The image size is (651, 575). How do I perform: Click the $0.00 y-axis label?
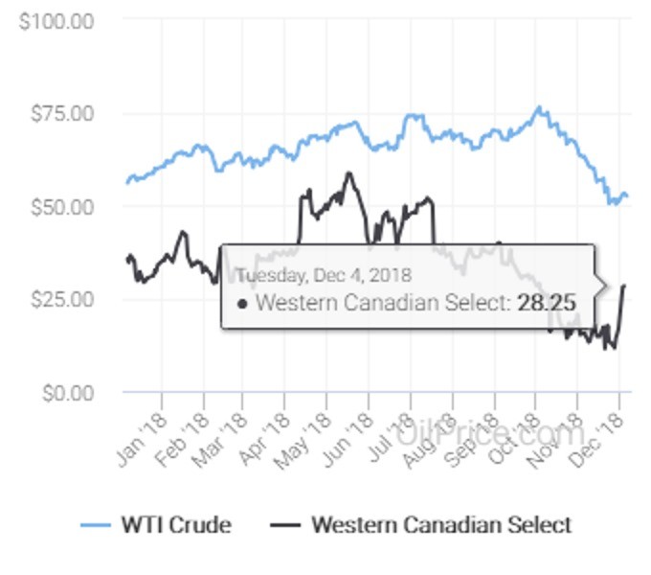click(64, 392)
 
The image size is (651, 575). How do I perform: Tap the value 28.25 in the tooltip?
click(547, 304)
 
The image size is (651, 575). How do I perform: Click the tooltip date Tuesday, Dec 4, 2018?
click(324, 276)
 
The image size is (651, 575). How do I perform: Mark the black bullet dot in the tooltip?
click(243, 304)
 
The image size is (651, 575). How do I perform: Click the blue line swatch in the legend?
click(97, 526)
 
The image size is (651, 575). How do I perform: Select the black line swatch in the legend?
click(286, 526)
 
